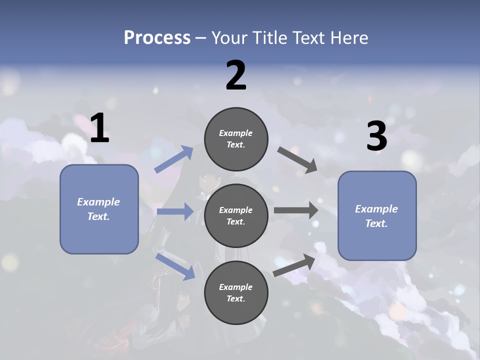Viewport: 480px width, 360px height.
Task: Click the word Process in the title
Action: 157,37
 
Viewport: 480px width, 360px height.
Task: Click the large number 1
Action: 99,127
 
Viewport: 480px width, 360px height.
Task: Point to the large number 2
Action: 236,75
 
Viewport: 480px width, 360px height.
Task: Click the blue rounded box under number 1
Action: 99,209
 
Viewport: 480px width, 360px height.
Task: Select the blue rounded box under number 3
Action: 377,216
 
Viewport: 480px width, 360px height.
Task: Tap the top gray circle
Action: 236,139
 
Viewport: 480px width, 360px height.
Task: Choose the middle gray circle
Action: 236,216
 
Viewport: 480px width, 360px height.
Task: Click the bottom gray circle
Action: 236,292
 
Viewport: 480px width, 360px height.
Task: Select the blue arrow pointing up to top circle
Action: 174,159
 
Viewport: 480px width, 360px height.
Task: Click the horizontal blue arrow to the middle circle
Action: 175,211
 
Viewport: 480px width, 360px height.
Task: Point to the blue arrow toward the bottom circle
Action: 175,266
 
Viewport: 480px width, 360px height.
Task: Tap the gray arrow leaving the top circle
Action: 297,160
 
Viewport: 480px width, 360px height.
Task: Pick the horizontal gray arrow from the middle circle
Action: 296,210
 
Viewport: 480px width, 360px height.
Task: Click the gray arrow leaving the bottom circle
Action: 294,265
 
